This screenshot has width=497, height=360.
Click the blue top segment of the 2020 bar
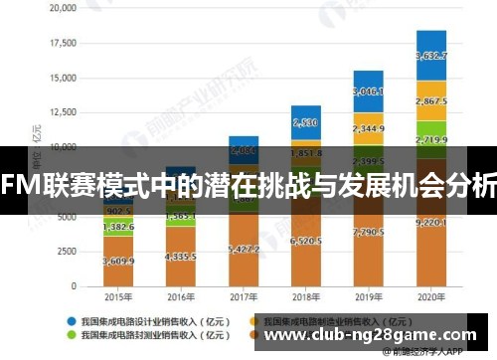(430, 56)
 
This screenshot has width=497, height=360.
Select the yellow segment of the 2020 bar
(430, 101)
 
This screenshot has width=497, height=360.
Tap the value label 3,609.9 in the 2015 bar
(118, 261)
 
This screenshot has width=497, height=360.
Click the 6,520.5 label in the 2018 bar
(305, 241)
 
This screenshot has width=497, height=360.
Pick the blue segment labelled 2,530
(305, 123)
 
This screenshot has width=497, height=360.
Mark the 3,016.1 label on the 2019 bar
(368, 90)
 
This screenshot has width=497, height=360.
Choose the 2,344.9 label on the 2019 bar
(368, 128)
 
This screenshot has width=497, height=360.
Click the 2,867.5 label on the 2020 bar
(430, 101)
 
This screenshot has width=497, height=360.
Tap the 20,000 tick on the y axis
(61, 8)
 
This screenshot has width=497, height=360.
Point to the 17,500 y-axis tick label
(61, 43)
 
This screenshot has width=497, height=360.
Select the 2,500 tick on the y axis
(64, 252)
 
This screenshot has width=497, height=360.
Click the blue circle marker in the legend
(73, 321)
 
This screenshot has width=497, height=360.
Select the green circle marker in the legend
(73, 336)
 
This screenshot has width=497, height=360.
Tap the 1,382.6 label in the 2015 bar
(118, 228)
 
